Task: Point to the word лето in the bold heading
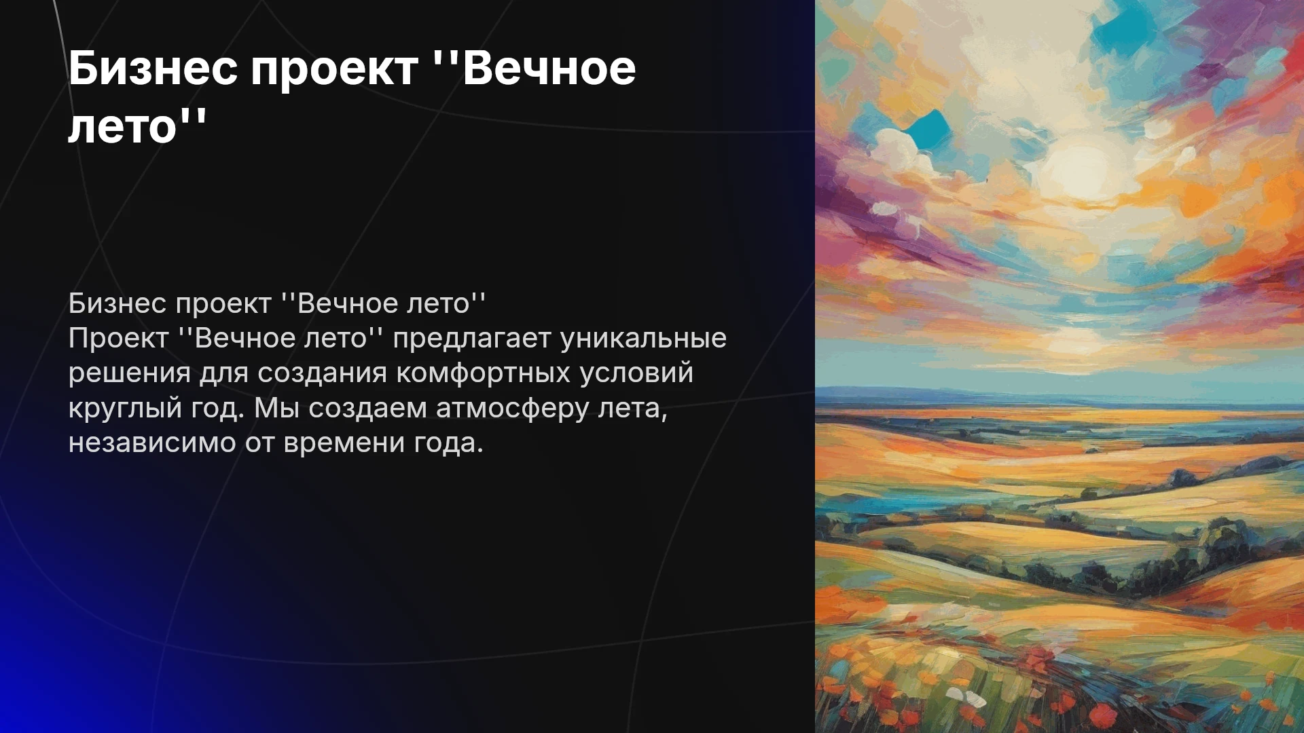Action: coord(123,127)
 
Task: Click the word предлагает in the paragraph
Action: coord(471,339)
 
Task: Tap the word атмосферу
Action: coord(512,409)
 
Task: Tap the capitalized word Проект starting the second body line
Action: coord(118,339)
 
